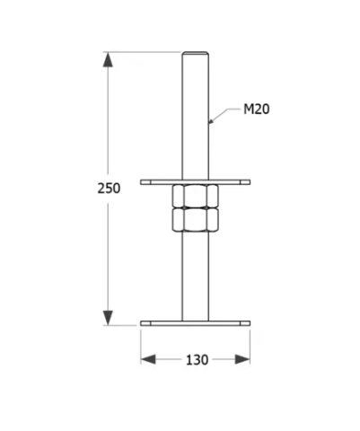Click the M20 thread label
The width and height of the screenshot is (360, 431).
pyautogui.click(x=256, y=110)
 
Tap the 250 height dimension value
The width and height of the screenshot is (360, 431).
pyautogui.click(x=108, y=188)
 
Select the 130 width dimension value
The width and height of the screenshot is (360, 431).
pyautogui.click(x=196, y=359)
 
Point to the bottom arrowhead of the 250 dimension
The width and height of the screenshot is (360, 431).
pyautogui.click(x=108, y=316)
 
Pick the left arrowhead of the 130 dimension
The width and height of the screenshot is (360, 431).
pyautogui.click(x=148, y=359)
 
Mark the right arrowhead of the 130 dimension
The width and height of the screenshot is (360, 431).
pyautogui.click(x=242, y=359)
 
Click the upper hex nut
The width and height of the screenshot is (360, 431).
pyautogui.click(x=196, y=197)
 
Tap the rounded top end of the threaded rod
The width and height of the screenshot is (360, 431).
pyautogui.click(x=196, y=54)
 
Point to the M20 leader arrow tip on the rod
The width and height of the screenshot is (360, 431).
pyautogui.click(x=211, y=120)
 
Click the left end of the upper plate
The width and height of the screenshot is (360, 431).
pyautogui.click(x=143, y=182)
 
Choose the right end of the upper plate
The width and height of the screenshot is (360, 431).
pyautogui.click(x=249, y=182)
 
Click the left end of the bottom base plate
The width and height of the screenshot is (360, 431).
pyautogui.click(x=143, y=322)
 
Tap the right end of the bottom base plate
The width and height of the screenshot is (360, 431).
pyautogui.click(x=249, y=322)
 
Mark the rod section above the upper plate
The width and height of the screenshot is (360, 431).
pyautogui.click(x=196, y=117)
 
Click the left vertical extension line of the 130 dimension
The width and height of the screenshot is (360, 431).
pyautogui.click(x=141, y=346)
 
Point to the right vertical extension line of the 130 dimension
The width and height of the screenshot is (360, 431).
pyautogui.click(x=250, y=346)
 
